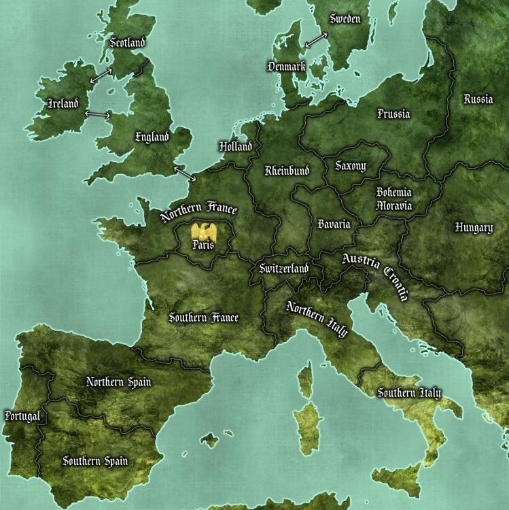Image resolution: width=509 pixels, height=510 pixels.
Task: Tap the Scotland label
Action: click(x=128, y=43)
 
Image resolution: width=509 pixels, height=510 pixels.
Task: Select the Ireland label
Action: click(x=63, y=104)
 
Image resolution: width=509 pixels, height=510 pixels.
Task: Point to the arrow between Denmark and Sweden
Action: click(x=315, y=40)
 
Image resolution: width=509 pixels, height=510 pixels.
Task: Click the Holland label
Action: click(x=235, y=146)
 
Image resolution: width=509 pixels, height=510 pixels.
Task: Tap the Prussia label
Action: click(x=393, y=114)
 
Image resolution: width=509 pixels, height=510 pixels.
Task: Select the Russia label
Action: click(x=478, y=99)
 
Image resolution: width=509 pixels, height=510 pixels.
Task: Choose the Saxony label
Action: click(x=351, y=166)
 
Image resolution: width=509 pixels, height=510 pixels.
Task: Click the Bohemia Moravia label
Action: click(x=394, y=199)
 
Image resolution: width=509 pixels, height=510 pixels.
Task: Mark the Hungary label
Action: click(x=474, y=228)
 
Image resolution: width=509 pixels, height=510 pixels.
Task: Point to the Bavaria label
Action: click(x=334, y=224)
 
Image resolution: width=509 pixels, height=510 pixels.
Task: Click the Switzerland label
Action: click(x=284, y=269)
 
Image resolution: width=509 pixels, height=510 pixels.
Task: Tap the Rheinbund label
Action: click(x=287, y=170)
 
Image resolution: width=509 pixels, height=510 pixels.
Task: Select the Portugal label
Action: click(x=22, y=415)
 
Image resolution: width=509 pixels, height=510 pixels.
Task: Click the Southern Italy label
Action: click(x=409, y=393)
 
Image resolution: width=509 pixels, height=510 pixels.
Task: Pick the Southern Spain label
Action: click(x=95, y=461)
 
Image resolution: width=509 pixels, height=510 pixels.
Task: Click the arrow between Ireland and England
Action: click(x=97, y=114)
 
